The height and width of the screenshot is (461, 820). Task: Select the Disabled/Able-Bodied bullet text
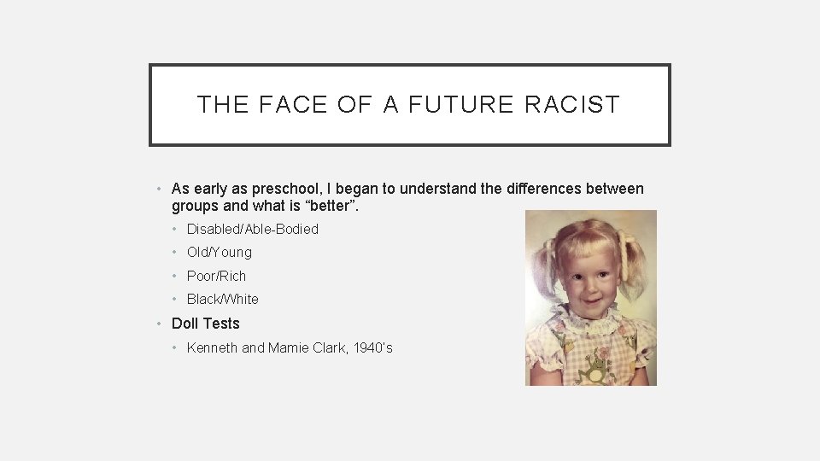[252, 229]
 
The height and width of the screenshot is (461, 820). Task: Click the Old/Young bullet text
[220, 252]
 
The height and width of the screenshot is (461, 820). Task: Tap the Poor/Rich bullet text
[216, 276]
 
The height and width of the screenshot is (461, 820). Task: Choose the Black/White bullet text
[222, 299]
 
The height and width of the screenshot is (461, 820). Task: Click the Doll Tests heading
[206, 324]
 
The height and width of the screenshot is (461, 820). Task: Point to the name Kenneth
[213, 347]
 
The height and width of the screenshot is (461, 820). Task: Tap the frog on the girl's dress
[592, 367]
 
